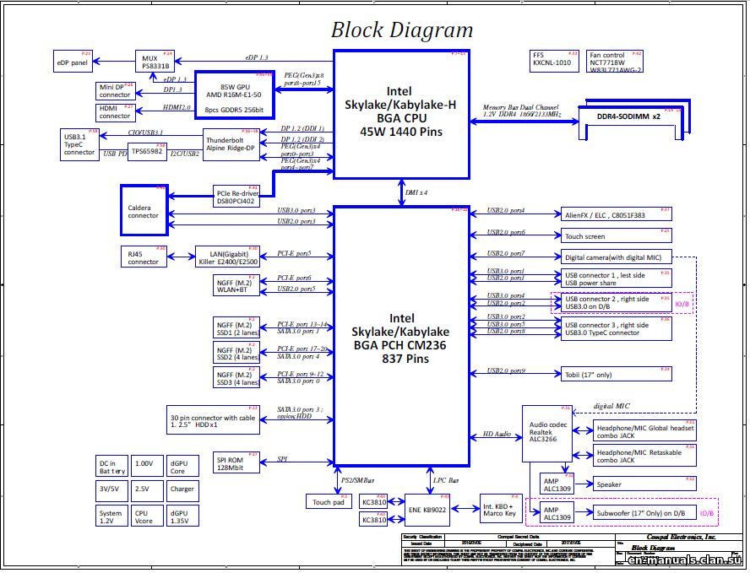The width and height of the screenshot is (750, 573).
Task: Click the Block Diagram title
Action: click(401, 30)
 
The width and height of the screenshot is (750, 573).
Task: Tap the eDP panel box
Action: click(73, 62)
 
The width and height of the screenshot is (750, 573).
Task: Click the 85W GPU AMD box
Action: click(235, 95)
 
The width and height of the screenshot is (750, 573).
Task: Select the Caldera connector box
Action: click(144, 210)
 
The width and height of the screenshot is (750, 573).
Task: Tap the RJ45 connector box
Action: click(144, 257)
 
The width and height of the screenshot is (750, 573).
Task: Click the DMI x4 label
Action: click(416, 192)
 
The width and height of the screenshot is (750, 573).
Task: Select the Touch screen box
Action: click(616, 236)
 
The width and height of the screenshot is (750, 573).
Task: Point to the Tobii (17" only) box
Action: click(616, 374)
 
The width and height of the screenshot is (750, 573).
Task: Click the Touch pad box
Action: click(327, 501)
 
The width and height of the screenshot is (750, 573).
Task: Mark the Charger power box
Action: click(182, 489)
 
